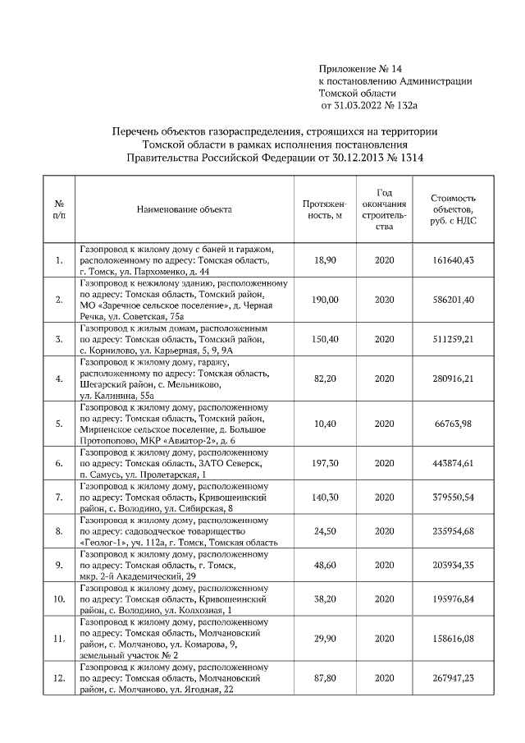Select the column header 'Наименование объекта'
[x=184, y=209]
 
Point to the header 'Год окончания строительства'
[x=385, y=209]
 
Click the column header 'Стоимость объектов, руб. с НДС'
[x=453, y=209]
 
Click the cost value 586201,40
[x=453, y=300]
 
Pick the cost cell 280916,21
[x=453, y=378]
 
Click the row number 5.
[x=59, y=424]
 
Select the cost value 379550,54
[x=453, y=498]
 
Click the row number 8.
[x=59, y=531]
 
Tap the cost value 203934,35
[x=453, y=566]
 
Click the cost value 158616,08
[x=453, y=638]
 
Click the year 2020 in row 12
[x=385, y=679]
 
